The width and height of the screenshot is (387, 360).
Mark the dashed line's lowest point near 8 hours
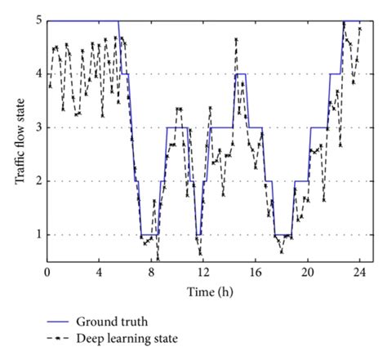(158, 259)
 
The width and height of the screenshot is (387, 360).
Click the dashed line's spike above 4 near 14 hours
(236, 39)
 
